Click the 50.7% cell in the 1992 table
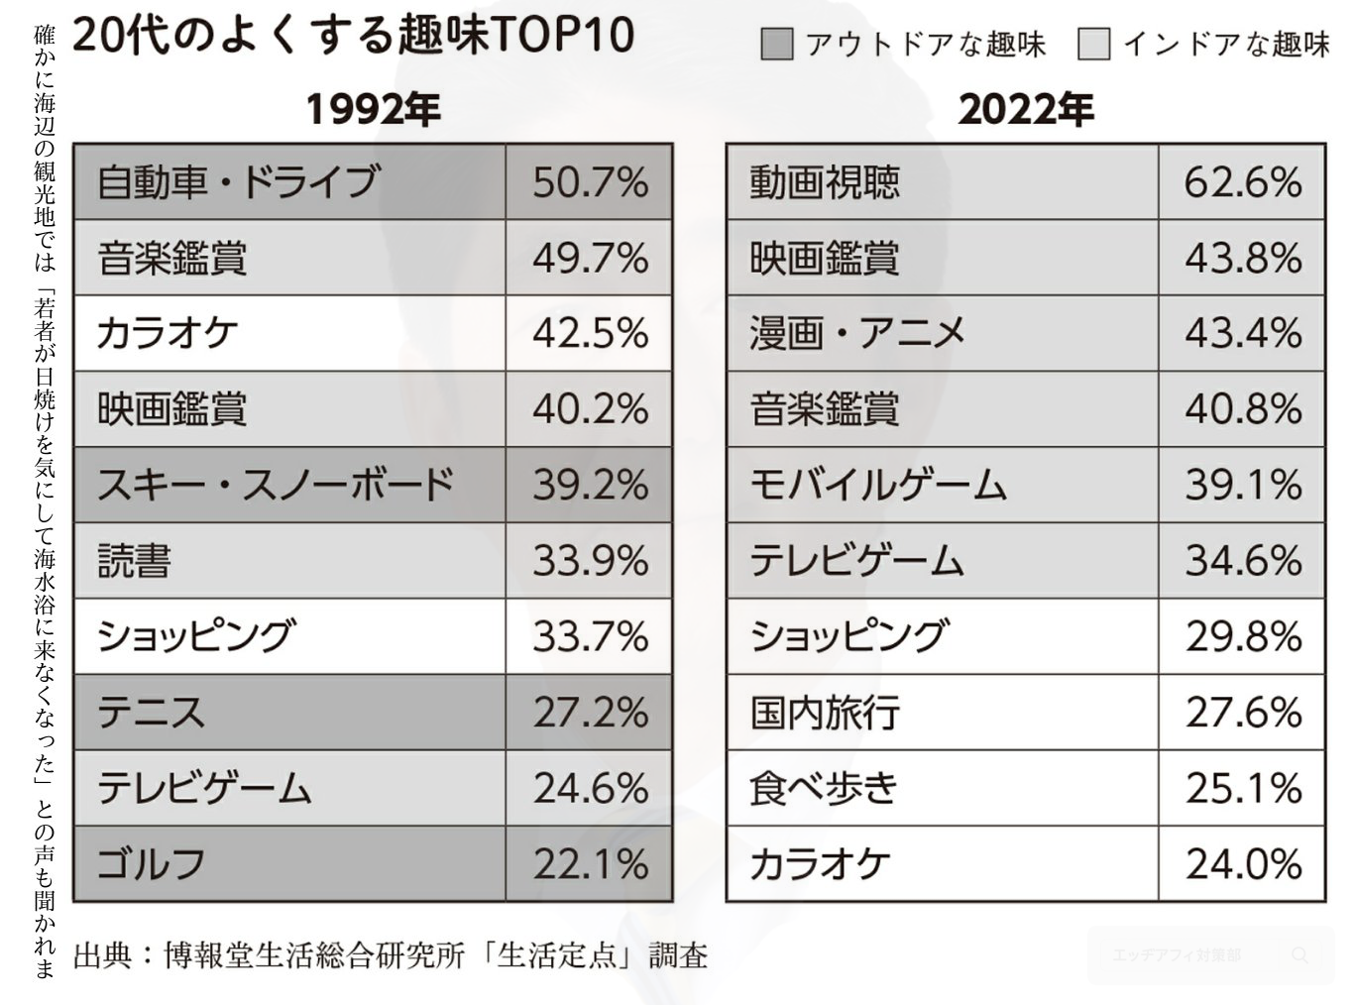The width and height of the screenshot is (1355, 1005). click(x=590, y=182)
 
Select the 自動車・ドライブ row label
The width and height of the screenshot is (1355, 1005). click(x=238, y=182)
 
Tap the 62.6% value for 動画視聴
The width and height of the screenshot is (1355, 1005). click(x=1243, y=182)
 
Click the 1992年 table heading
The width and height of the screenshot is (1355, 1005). click(x=373, y=109)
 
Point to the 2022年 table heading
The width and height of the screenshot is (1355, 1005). click(x=1026, y=109)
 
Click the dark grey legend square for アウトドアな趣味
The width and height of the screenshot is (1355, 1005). click(x=777, y=45)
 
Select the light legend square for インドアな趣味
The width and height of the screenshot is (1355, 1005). click(x=1094, y=45)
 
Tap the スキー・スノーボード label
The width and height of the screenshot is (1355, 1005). click(x=276, y=485)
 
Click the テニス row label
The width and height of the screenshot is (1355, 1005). click(x=152, y=713)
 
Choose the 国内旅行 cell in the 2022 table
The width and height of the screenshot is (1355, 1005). click(x=825, y=713)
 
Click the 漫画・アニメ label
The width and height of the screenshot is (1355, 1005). click(x=857, y=333)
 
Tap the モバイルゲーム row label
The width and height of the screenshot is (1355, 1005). click(x=878, y=485)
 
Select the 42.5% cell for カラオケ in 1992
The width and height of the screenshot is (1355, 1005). click(x=590, y=333)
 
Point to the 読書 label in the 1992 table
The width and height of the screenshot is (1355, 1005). click(x=135, y=561)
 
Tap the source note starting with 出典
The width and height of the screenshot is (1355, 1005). click(x=391, y=955)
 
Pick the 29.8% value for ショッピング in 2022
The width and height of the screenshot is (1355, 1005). click(x=1243, y=636)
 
